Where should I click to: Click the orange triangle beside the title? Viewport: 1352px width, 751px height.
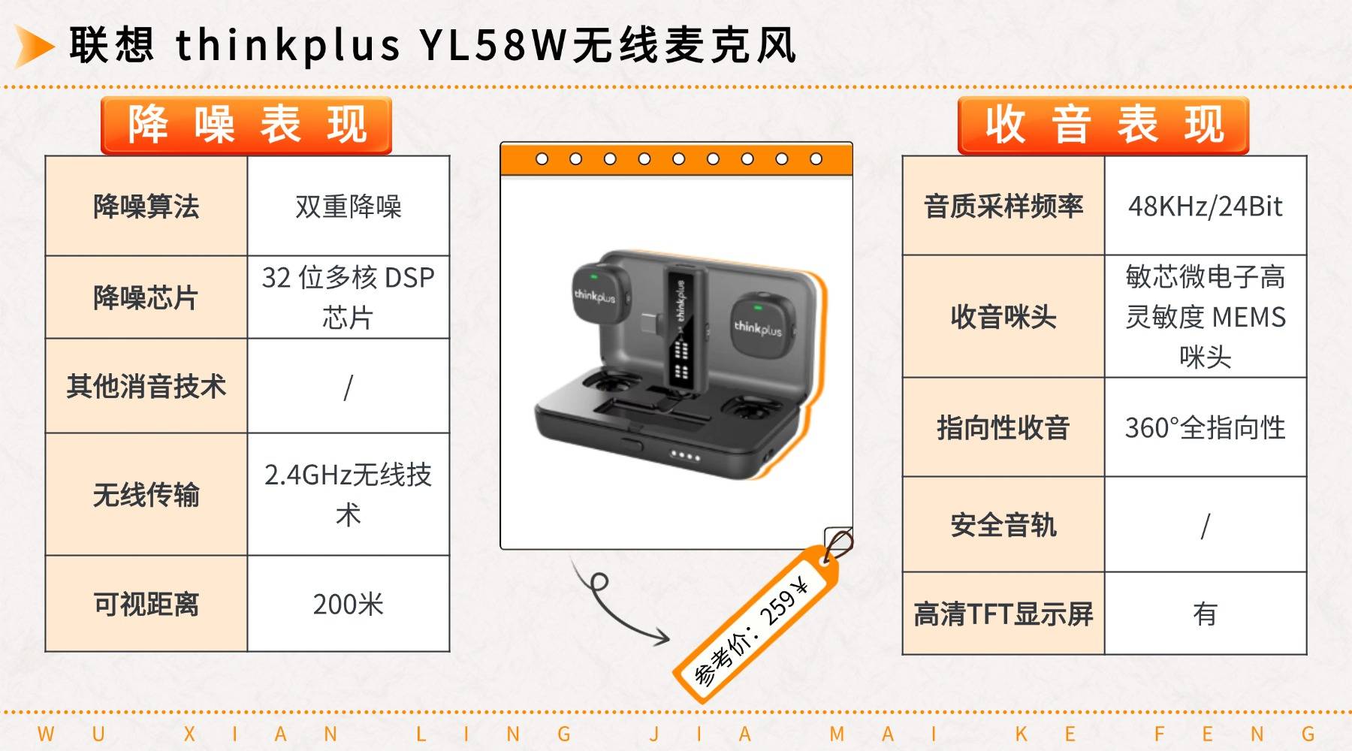coord(33,46)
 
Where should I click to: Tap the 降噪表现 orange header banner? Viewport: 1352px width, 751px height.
coord(246,125)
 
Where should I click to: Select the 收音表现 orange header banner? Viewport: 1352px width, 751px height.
coord(1103,125)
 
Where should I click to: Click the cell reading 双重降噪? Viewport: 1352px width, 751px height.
coord(349,206)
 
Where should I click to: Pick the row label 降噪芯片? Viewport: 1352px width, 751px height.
coord(146,297)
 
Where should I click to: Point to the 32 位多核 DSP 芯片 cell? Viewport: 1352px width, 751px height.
coord(349,297)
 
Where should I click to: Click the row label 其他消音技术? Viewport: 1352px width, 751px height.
coord(146,386)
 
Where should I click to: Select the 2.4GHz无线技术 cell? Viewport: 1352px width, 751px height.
coord(349,494)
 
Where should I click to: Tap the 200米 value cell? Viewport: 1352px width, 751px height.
coord(349,604)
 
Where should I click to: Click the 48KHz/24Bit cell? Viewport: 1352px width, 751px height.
coord(1206,206)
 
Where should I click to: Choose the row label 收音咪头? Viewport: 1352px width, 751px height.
coord(1003,316)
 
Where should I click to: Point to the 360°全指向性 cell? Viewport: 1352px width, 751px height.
coord(1206,427)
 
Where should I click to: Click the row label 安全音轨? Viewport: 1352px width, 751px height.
coord(1003,525)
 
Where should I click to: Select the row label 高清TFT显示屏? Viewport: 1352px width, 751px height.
coord(1003,614)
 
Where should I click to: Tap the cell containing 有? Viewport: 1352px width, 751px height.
coord(1206,614)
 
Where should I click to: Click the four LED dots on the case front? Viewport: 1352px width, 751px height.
coord(685,456)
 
